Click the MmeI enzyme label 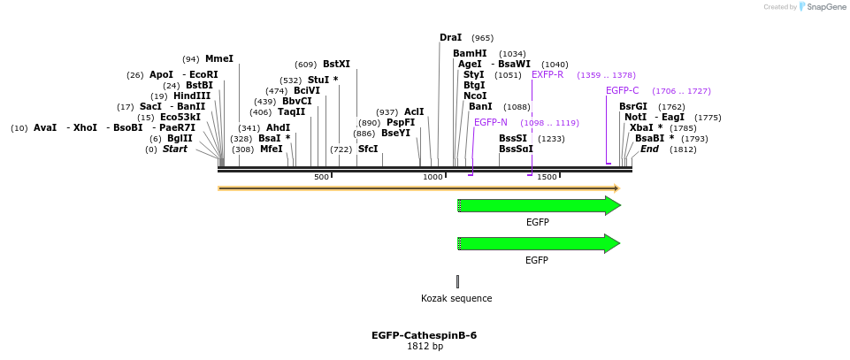pos(218,59)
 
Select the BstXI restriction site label pos(336,65)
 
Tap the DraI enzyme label pos(450,38)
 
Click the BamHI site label pos(470,54)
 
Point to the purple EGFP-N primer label pos(491,123)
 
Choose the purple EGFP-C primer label pos(622,91)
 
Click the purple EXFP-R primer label pos(548,75)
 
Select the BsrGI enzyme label pos(632,107)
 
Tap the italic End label pos(649,149)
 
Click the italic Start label pos(174,149)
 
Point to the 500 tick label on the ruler pos(322,177)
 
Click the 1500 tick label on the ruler pos(547,177)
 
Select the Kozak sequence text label pos(456,299)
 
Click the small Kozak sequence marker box pos(457,281)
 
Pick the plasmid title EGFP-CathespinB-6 pos(425,336)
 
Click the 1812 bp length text pos(425,347)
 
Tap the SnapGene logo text pos(824,7)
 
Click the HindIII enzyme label pos(191,96)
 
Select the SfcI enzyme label pos(368,149)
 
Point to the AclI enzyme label pos(414,112)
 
